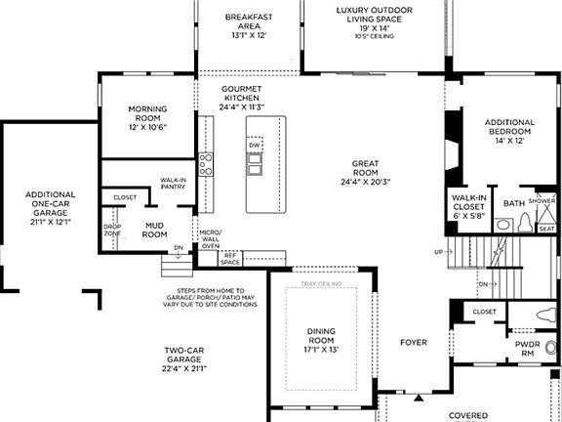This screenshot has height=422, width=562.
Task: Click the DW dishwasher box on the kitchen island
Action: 255,146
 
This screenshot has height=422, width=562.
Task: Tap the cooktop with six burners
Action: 206,163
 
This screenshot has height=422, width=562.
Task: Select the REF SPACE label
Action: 231,258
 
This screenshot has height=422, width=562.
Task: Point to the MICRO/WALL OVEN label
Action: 210,239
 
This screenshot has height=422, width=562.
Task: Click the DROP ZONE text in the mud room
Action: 112,232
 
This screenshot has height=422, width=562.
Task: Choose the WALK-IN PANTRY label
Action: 174,185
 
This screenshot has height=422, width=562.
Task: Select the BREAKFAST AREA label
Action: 248,25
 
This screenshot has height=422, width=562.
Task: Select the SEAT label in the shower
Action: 547,229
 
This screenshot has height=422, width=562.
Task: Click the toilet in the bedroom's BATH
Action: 526,224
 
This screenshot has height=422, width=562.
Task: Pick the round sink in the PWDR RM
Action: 551,347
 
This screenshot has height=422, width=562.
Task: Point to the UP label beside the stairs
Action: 437,251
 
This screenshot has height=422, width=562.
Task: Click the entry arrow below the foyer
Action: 418,399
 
